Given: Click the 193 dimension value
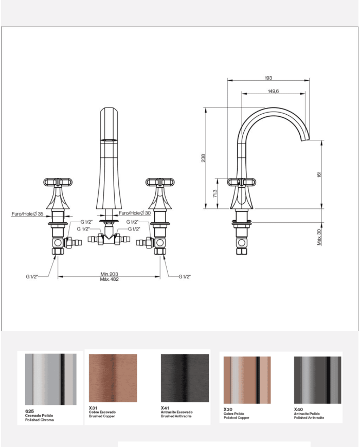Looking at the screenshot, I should tap(268, 78).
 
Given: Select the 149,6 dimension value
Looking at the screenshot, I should tap(273, 91).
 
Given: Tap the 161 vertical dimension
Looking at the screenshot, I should tap(319, 174).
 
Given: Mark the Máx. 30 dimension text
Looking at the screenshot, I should tap(319, 236).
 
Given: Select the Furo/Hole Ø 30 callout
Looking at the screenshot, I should tap(135, 213).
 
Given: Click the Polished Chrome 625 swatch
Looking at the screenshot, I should tap(50, 380).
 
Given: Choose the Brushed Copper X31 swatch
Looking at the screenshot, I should tap(113, 378).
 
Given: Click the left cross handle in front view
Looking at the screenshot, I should tap(57, 182).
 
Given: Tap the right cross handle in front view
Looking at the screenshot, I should tap(159, 182).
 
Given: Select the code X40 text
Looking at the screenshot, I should tap(298, 409).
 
